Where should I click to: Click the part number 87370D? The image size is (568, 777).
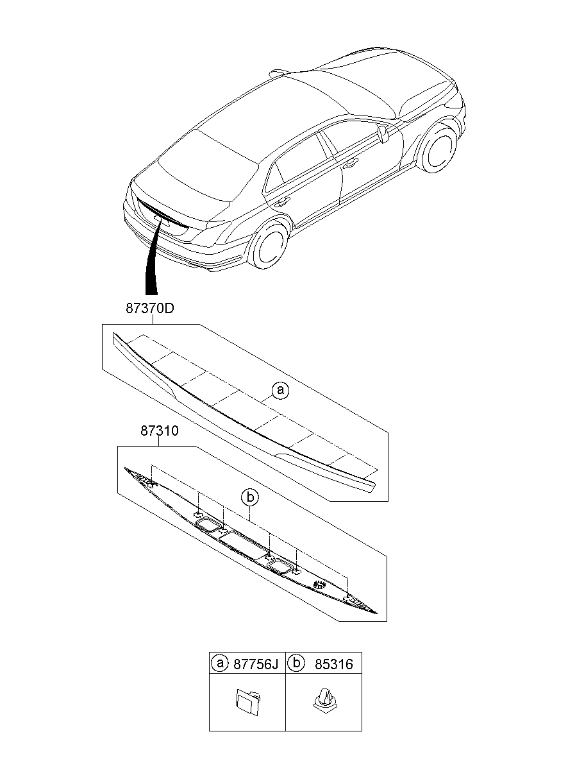pyautogui.click(x=149, y=308)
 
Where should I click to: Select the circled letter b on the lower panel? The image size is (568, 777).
pyautogui.click(x=250, y=497)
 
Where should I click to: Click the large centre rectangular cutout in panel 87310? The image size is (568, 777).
pyautogui.click(x=244, y=544)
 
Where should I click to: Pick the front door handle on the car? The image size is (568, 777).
pyautogui.click(x=350, y=164)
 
